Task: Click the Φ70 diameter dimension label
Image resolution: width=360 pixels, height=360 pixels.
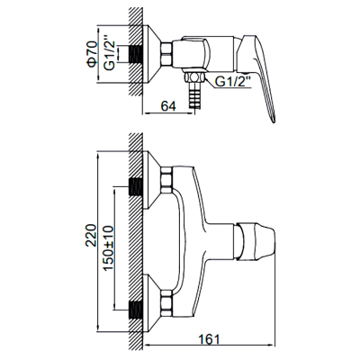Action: pyautogui.click(x=93, y=54)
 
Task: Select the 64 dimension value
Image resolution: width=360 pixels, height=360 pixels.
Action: pyautogui.click(x=168, y=106)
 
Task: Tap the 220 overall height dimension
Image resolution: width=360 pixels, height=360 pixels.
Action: pyautogui.click(x=91, y=235)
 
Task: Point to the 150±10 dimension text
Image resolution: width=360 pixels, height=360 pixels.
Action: pyautogui.click(x=108, y=248)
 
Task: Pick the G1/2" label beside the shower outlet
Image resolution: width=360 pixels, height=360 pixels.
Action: pyautogui.click(x=234, y=81)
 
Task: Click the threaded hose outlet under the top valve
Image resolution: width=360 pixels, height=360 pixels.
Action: pyautogui.click(x=193, y=95)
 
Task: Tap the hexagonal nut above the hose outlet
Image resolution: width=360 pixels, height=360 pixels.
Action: pyautogui.click(x=194, y=77)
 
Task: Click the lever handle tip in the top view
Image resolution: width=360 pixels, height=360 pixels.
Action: pyautogui.click(x=274, y=120)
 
